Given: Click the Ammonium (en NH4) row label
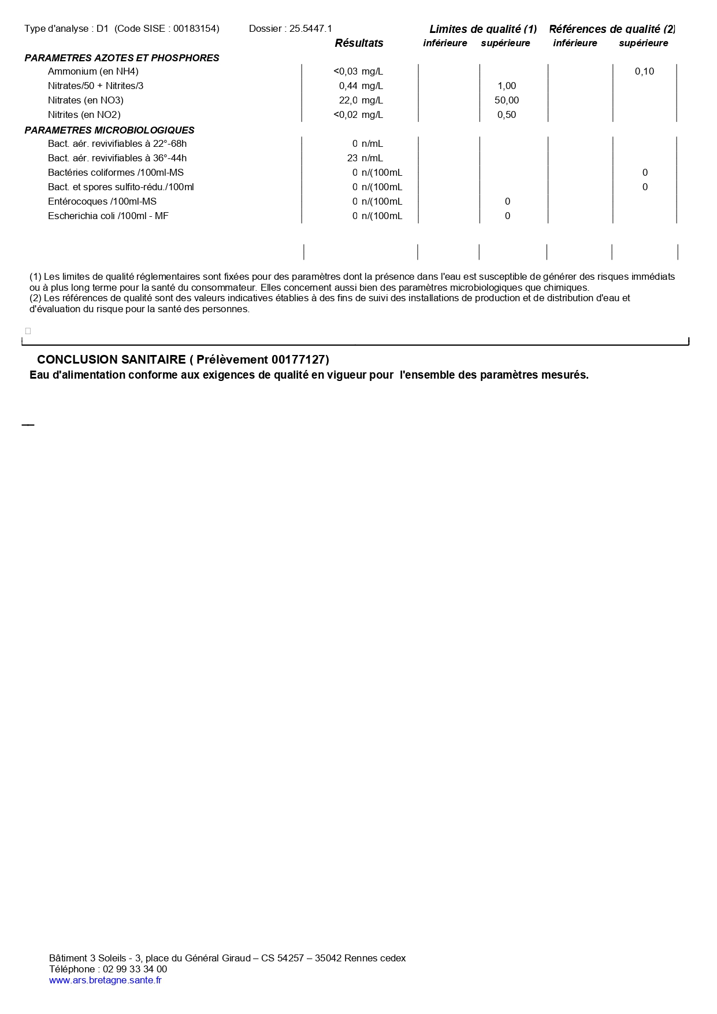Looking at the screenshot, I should [x=93, y=72].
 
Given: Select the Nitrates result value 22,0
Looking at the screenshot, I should [x=348, y=101].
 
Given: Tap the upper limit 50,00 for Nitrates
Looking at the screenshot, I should [x=507, y=101].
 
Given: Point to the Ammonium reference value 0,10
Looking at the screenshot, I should [x=644, y=72].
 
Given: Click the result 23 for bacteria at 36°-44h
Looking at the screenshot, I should [x=352, y=158].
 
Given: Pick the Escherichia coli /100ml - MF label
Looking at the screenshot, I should [x=108, y=216].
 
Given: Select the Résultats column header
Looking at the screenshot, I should [x=359, y=43].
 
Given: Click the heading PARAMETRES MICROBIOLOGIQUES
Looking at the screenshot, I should [x=109, y=131].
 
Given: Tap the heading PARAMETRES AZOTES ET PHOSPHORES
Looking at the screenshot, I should [x=122, y=58].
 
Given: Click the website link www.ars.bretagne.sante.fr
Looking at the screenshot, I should [x=105, y=980].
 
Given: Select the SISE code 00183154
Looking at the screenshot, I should [x=196, y=29].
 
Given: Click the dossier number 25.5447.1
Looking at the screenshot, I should [x=311, y=29].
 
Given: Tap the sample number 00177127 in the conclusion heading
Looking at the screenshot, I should [x=298, y=360].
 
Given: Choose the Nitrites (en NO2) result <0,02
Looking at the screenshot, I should [x=346, y=115].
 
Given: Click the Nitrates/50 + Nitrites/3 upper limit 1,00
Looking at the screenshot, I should [x=507, y=86].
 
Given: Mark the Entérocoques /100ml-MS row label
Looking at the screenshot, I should [x=102, y=202].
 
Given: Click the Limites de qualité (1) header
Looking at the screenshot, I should [x=483, y=29].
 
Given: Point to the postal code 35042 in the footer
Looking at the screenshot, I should [x=328, y=958].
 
